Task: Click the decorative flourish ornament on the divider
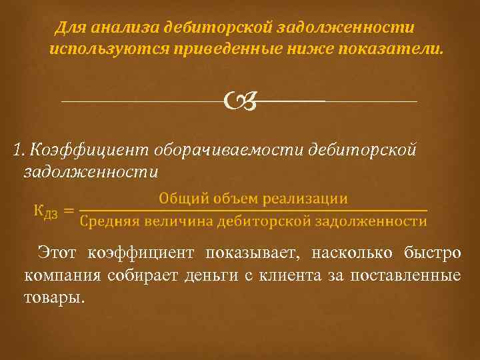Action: click(x=241, y=101)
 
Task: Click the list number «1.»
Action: click(x=19, y=149)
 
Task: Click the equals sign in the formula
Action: click(x=69, y=211)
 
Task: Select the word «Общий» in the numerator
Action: click(x=181, y=199)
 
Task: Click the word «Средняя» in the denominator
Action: click(x=107, y=221)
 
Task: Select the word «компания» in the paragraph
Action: click(x=57, y=275)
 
